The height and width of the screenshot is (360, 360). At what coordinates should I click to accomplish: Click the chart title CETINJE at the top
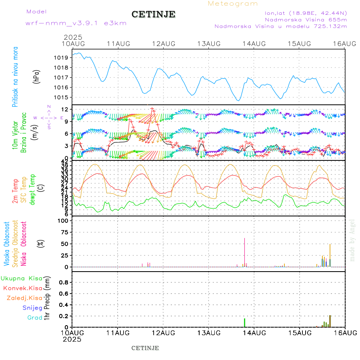coord(153,14)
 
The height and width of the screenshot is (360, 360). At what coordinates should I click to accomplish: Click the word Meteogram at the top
coord(233,4)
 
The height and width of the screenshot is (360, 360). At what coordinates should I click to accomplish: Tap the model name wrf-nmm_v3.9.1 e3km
coord(76,23)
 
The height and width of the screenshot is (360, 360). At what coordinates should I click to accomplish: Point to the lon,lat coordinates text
coord(306,13)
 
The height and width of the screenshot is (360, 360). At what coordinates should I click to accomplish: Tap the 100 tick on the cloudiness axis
coord(63,220)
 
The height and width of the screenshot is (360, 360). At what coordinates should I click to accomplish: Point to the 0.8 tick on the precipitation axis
coord(63,282)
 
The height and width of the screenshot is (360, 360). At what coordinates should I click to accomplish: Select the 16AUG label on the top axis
coord(345,44)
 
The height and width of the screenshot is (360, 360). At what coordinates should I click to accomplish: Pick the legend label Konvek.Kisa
coord(22,288)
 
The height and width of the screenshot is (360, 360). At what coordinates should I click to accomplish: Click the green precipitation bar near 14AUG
coord(244,323)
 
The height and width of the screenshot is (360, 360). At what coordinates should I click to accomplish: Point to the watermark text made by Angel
coord(352,240)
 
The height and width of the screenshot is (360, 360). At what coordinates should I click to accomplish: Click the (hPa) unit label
coord(37,76)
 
